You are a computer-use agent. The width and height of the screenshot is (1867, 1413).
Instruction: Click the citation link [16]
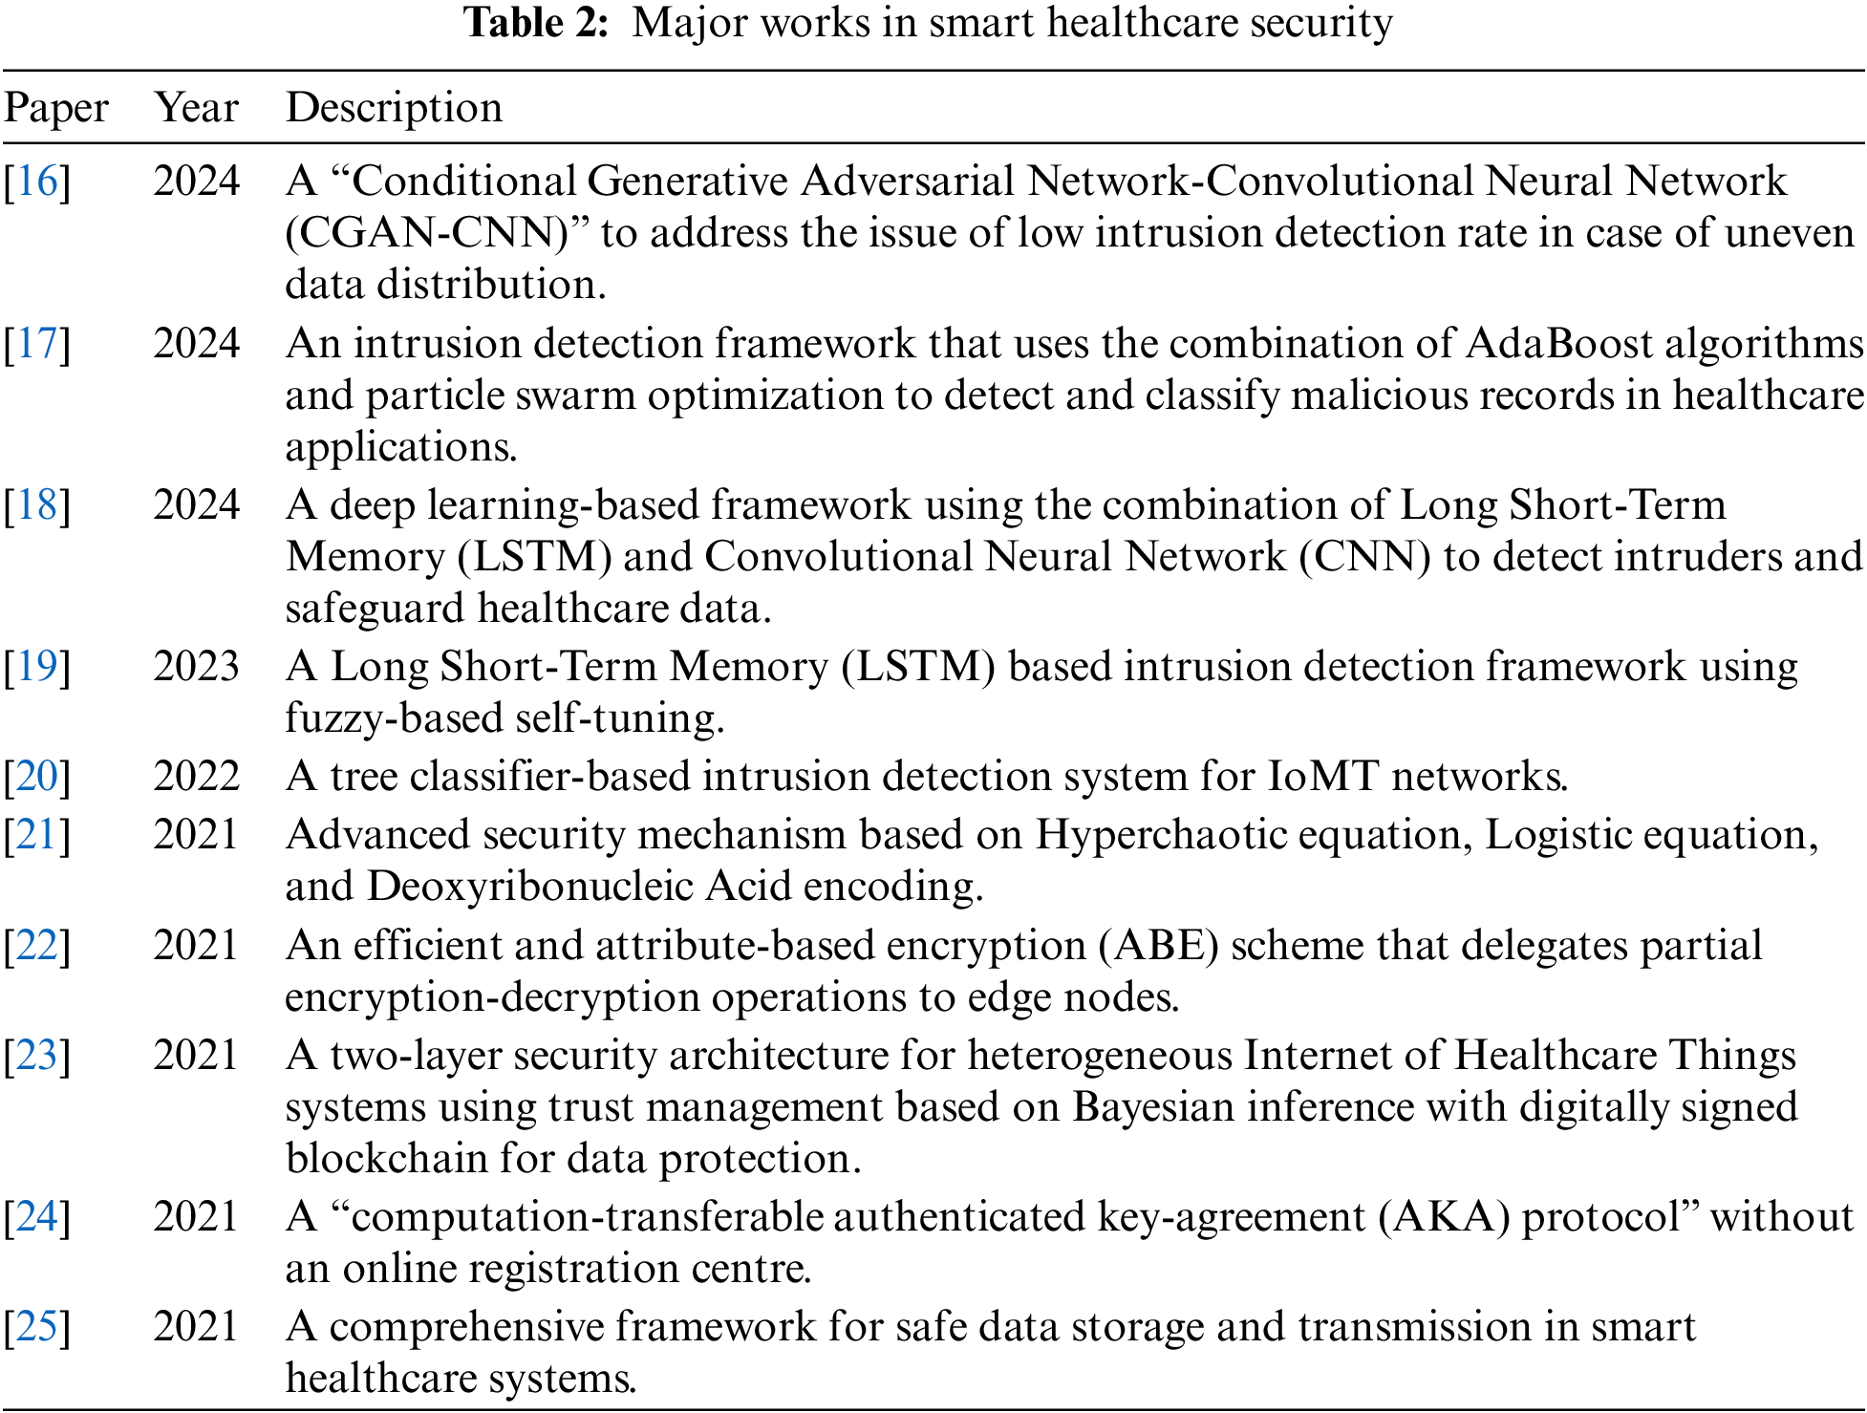[37, 182]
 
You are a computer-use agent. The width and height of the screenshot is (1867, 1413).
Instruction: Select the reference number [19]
[37, 667]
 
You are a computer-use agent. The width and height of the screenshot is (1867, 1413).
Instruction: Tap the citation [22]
[37, 946]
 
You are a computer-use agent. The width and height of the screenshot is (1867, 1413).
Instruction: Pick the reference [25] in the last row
[37, 1327]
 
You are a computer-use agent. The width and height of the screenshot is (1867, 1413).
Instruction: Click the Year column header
[196, 107]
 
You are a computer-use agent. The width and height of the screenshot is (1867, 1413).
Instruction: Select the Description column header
[394, 107]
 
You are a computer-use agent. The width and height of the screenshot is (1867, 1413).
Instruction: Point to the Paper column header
[55, 107]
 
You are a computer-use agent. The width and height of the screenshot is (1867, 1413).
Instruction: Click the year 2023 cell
[196, 667]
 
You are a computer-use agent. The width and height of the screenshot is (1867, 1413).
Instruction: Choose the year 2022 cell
[196, 777]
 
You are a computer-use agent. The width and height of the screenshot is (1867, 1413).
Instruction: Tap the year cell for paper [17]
[196, 344]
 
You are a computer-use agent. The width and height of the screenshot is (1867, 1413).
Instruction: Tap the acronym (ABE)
[1158, 946]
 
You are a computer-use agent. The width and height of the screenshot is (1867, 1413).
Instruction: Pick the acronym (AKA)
[1444, 1217]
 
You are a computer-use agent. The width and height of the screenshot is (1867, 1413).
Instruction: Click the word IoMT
[1323, 777]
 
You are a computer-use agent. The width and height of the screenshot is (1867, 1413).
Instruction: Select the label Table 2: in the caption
[536, 23]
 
